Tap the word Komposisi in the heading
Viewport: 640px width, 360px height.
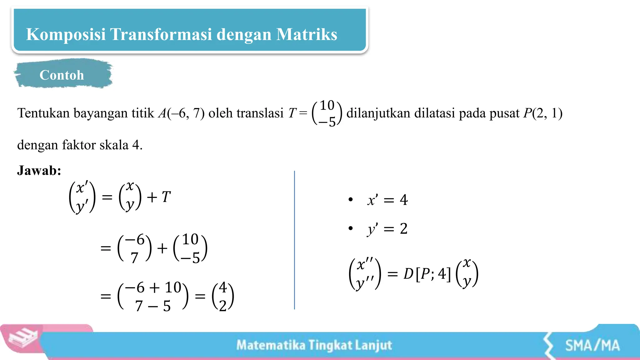click(x=66, y=34)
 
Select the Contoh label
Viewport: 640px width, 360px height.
click(x=62, y=75)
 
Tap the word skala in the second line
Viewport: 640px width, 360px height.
click(x=114, y=145)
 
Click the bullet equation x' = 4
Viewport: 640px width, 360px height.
click(x=387, y=200)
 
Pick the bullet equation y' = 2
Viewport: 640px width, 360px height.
click(x=387, y=229)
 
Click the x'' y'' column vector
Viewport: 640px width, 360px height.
click(x=365, y=274)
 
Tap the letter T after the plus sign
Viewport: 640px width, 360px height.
click(x=166, y=197)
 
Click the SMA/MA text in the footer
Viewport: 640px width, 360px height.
click(x=592, y=346)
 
